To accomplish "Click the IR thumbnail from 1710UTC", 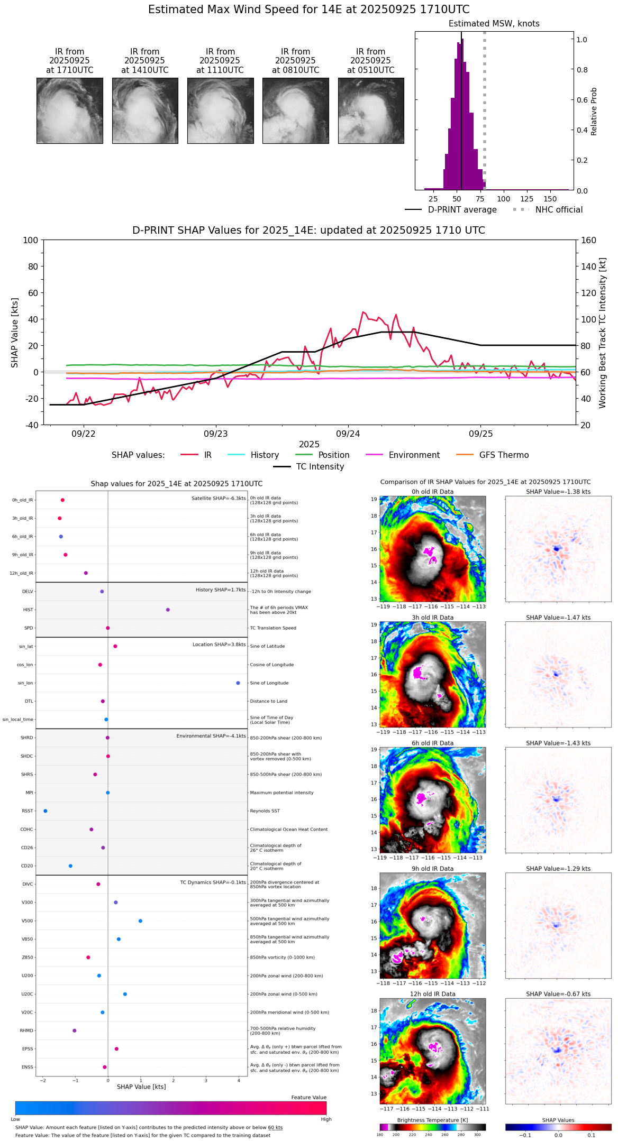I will tap(70, 111).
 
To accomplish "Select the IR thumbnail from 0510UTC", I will tap(371, 111).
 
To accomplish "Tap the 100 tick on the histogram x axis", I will tap(504, 199).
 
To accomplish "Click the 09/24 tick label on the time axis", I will tap(348, 434).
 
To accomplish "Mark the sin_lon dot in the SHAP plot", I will tap(238, 683).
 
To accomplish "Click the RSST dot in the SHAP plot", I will tap(46, 811).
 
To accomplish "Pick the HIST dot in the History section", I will tap(168, 610).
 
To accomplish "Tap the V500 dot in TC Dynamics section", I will tap(140, 921).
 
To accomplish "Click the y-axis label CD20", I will tap(27, 866).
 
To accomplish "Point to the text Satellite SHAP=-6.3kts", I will tap(219, 498).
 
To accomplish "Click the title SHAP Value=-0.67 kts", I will tap(558, 994).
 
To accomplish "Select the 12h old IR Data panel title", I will tap(432, 994).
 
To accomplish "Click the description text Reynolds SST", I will tap(265, 811).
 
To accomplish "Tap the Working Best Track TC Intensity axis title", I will tap(603, 333).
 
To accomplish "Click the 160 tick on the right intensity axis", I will tap(589, 240).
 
